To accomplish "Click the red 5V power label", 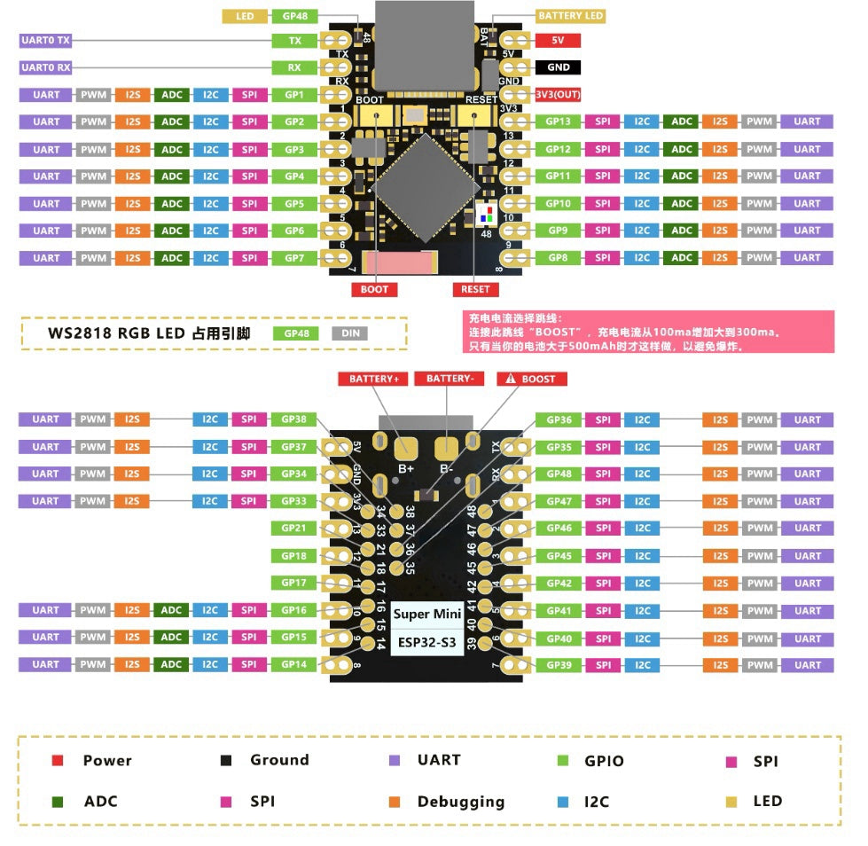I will pos(558,40).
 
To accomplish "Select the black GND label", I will pos(558,67).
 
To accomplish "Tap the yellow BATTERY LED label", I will pos(571,16).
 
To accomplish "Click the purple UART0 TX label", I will pos(45,40).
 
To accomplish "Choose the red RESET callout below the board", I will pos(475,289).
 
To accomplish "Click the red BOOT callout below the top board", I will pos(374,289).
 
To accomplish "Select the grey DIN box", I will pos(349,334).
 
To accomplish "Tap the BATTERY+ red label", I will pos(373,379).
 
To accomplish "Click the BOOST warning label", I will pos(531,379).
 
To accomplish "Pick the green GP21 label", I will pos(293,529).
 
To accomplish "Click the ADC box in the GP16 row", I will pos(171,610).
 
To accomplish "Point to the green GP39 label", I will pos(559,665).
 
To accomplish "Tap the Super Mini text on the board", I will pos(424,614).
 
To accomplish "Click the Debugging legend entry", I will pos(460,802).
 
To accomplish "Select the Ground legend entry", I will pos(278,760).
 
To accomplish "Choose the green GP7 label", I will pos(293,258).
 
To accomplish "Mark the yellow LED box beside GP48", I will pos(245,16).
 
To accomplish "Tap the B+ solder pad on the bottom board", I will pos(406,448).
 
